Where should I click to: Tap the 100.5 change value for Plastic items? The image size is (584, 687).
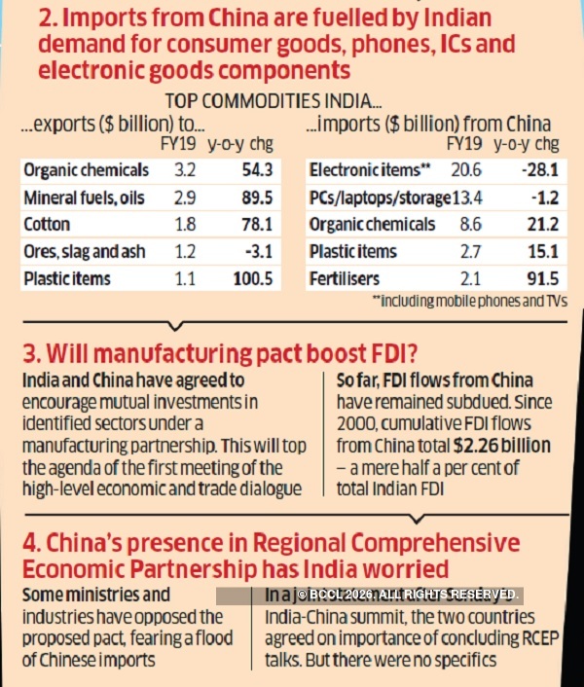coord(257,278)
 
